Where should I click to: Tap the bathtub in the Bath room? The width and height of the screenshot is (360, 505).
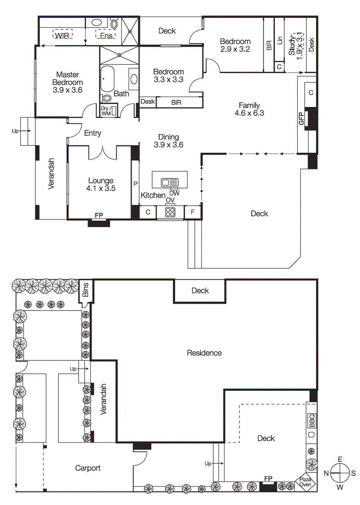coord(108,79)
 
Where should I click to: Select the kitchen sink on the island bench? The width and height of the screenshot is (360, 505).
coord(170,182)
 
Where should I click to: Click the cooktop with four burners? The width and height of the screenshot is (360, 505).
coord(170,212)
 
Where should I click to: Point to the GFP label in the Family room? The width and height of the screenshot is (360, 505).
coord(301,119)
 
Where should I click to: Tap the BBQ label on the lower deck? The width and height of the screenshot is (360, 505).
coord(312,420)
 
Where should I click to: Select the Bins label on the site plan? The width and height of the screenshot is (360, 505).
coord(85,289)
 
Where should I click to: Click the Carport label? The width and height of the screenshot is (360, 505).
coord(88,468)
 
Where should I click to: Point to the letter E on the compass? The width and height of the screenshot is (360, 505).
coord(340,459)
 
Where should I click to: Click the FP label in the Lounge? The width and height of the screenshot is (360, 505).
coord(99,215)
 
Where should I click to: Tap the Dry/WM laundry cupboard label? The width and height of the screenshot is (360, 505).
coord(106,111)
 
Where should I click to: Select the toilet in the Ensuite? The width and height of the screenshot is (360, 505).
coord(114,24)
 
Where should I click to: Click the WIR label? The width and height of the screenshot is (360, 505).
coord(62,36)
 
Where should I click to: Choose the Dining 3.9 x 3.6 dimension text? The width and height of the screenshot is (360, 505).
coord(168,145)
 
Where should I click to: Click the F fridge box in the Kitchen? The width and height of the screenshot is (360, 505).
coord(192,212)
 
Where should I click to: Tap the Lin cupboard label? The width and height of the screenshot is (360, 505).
coord(279,40)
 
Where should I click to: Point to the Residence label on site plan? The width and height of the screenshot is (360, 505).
coord(204,353)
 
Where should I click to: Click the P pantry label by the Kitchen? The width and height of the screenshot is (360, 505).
coord(135,184)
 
